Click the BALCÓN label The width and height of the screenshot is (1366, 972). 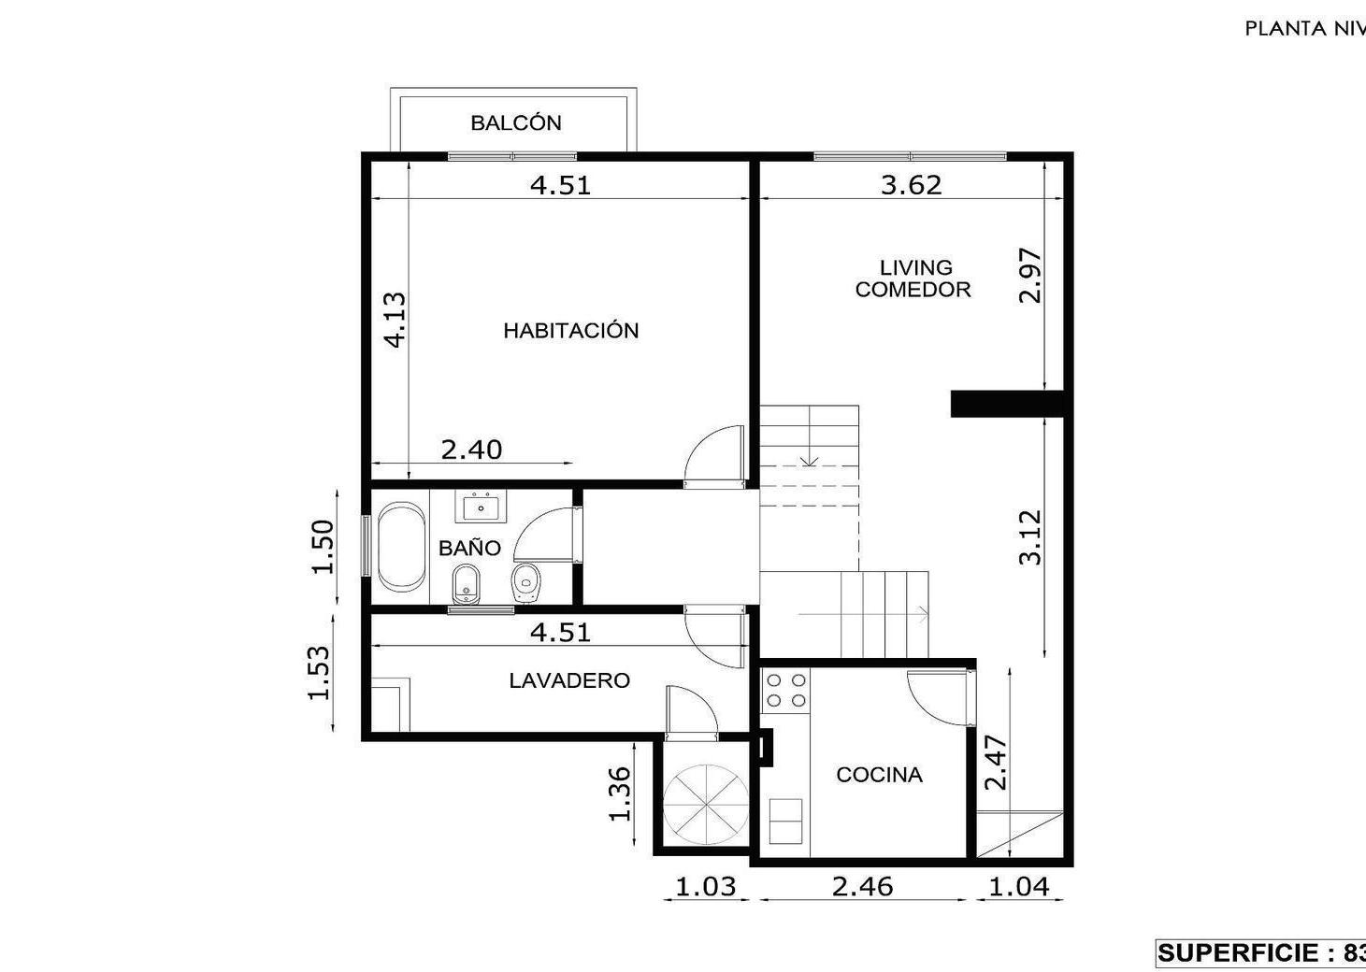(516, 122)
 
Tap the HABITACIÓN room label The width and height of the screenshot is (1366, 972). (570, 330)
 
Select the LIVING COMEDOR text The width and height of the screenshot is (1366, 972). (913, 278)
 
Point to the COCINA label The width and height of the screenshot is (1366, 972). (880, 775)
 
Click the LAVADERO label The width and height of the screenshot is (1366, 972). (569, 680)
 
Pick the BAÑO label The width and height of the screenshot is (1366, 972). (469, 548)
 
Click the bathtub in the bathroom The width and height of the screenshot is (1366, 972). (401, 546)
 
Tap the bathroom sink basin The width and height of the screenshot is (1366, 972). (482, 507)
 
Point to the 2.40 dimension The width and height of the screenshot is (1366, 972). (471, 450)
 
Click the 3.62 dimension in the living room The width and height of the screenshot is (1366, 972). (911, 184)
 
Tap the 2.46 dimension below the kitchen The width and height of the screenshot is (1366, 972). (862, 886)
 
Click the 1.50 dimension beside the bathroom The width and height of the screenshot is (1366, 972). (323, 546)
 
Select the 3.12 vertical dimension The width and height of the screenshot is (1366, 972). (1030, 537)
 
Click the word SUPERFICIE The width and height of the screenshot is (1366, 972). (1241, 952)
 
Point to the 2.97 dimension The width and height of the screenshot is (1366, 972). (1030, 275)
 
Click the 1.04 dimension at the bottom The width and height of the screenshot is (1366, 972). (1018, 886)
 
